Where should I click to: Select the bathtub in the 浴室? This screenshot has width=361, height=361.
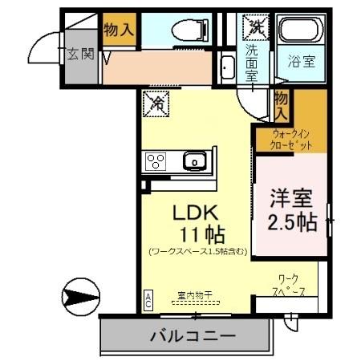tap(302, 32)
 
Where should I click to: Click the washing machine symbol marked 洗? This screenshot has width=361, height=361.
tap(255, 26)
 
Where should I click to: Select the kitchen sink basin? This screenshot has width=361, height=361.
tap(194, 162)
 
